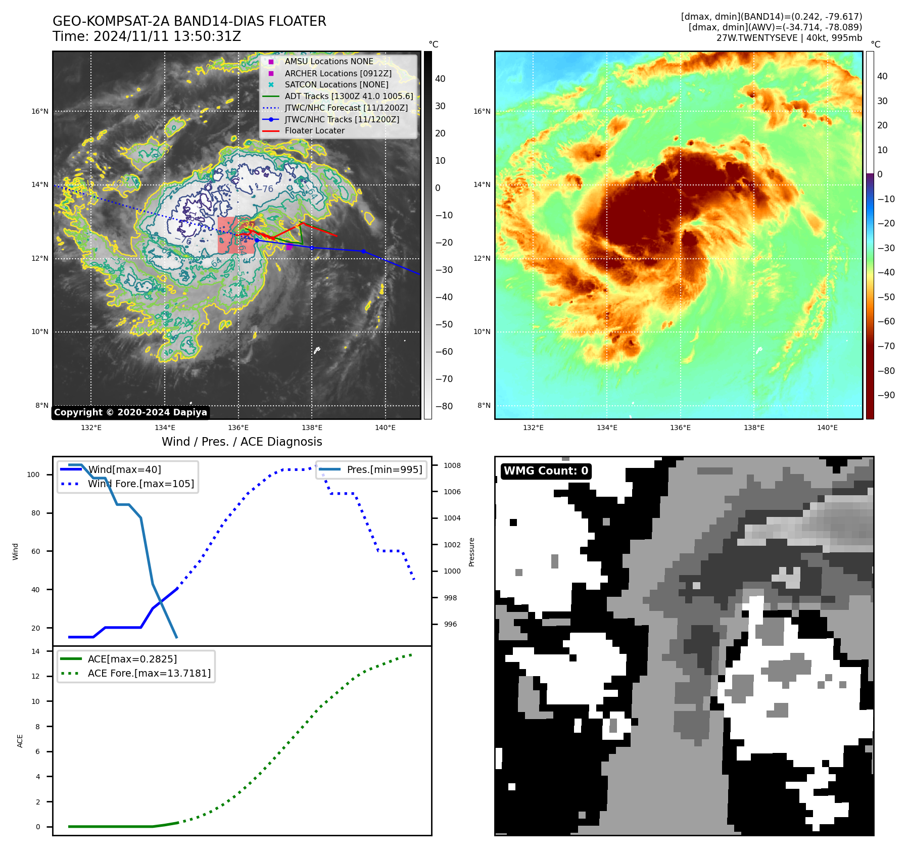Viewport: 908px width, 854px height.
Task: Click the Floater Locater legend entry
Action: coord(314,131)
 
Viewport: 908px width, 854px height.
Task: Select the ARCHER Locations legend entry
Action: coord(338,73)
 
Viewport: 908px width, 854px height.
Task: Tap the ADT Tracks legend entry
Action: coord(348,96)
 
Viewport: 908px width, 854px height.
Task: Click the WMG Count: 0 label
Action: coord(546,471)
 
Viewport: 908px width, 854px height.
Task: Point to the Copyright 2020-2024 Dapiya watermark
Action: coord(130,412)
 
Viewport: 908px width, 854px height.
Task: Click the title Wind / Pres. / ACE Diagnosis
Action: coord(242,442)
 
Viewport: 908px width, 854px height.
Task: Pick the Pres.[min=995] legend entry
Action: coord(384,469)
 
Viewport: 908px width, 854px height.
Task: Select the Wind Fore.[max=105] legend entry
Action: coord(140,484)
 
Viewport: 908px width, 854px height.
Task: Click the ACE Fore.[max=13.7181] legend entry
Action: coord(149,673)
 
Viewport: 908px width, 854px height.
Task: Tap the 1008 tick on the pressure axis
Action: coord(452,465)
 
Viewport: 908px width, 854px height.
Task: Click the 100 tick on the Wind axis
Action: coord(33,475)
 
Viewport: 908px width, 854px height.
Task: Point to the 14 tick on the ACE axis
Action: coord(35,651)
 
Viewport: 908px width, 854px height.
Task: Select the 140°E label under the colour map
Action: coord(827,428)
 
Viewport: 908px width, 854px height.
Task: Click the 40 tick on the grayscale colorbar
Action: coord(440,79)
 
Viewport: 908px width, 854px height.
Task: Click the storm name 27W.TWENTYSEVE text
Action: coord(756,38)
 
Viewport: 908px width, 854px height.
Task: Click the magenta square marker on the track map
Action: coord(289,247)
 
